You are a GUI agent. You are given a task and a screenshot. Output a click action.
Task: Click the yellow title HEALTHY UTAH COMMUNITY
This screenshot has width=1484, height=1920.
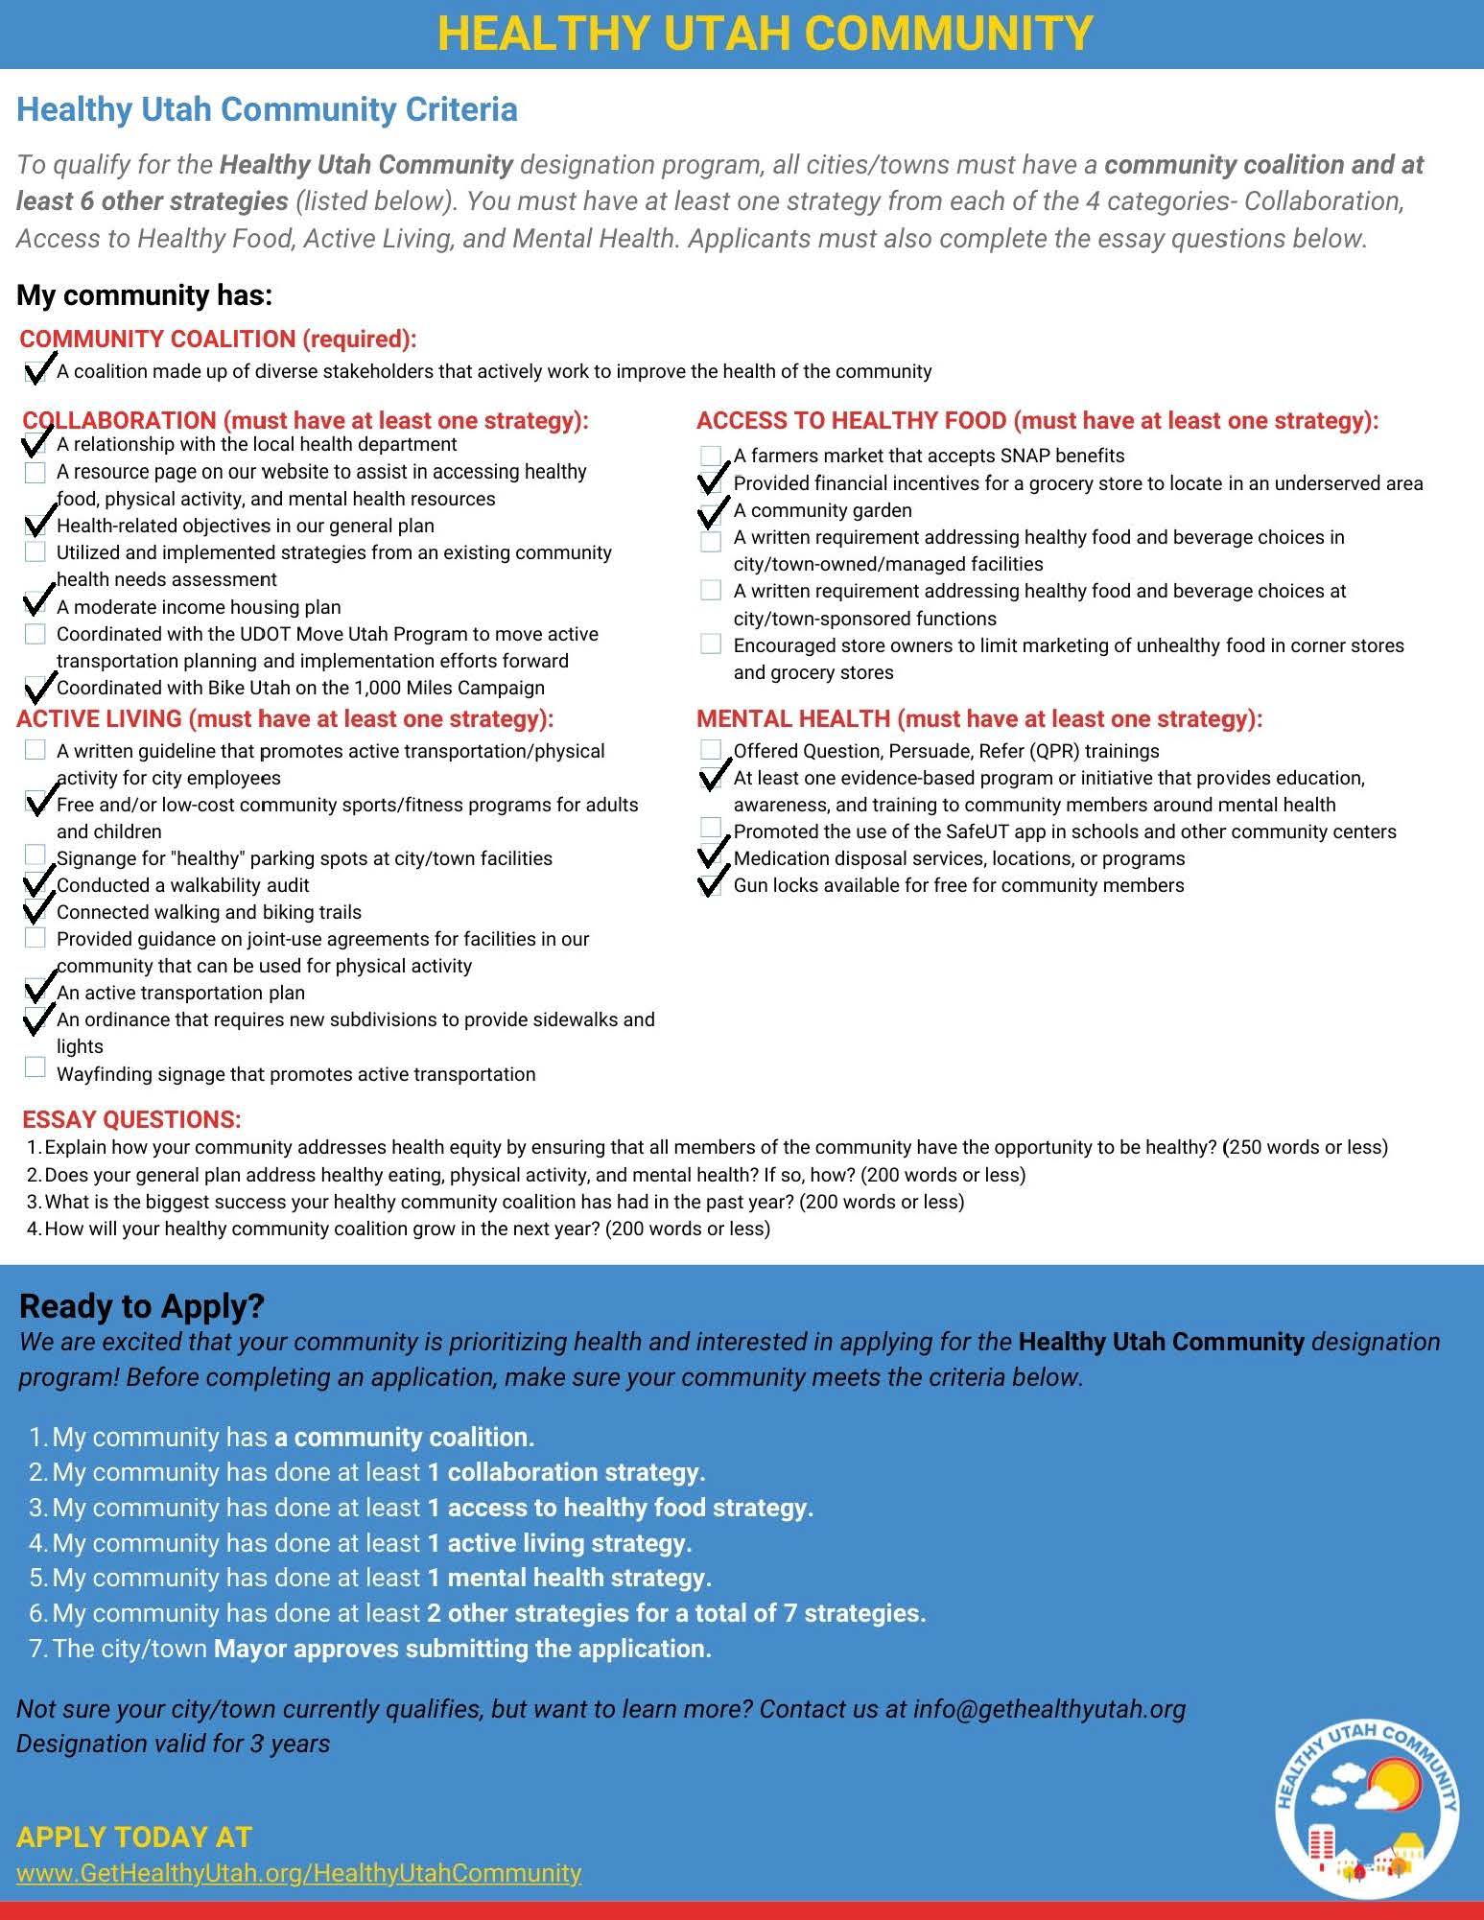[765, 34]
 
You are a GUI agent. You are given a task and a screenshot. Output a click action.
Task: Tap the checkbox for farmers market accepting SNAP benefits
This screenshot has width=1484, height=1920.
[711, 456]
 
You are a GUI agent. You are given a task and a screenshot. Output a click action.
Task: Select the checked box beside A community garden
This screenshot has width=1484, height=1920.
[711, 512]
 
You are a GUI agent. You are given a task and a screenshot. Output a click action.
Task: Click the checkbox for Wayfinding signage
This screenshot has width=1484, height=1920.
[35, 1066]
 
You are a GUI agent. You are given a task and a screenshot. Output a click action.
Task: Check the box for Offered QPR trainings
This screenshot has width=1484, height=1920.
[711, 750]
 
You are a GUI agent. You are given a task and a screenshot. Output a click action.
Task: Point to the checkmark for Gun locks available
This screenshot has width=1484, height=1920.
[711, 885]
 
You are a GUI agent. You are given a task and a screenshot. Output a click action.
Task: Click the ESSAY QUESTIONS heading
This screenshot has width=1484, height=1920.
[131, 1119]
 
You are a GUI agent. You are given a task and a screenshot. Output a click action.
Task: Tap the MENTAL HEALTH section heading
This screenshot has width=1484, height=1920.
[978, 718]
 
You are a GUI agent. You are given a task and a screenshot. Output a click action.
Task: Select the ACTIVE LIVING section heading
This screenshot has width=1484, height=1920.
[285, 718]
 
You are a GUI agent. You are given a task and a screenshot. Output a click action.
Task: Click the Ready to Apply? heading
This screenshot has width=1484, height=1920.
[141, 1306]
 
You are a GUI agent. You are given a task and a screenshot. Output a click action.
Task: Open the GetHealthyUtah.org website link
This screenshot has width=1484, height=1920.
[298, 1873]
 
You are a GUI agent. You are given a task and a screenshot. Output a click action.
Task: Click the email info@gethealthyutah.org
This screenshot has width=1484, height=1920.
[1048, 1709]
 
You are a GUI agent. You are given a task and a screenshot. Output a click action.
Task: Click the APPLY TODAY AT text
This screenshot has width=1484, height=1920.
[134, 1837]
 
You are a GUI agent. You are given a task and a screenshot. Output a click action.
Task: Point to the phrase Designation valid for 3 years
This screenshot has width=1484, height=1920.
[173, 1744]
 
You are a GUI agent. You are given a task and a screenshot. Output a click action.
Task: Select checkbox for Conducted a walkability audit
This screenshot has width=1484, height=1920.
[35, 884]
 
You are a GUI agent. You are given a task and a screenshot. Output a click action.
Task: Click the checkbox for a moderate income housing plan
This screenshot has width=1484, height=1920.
[35, 605]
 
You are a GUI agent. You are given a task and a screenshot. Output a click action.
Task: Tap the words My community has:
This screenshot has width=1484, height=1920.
[144, 294]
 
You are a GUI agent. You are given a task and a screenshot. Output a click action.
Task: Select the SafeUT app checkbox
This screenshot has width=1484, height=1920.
[711, 828]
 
